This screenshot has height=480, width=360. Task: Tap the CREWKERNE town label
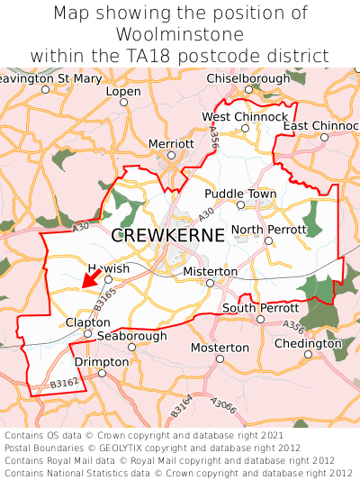[168, 236]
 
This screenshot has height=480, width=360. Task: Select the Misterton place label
[210, 271]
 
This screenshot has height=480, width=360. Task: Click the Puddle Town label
[240, 194]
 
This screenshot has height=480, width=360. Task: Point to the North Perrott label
[268, 231]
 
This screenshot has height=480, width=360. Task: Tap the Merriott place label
[171, 144]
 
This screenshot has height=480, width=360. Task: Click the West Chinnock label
[245, 117]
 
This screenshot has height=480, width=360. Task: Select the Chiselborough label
[248, 79]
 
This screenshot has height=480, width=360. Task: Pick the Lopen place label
[123, 92]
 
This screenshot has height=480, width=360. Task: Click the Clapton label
[87, 322]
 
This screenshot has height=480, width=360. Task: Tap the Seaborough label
[132, 335]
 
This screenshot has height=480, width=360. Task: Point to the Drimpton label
[102, 362]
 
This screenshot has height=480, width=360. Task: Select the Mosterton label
[220, 348]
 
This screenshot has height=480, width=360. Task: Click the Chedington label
[308, 343]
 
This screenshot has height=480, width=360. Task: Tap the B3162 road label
[64, 383]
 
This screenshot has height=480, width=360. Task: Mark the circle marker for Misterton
[210, 283]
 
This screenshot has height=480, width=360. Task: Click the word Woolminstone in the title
[180, 34]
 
